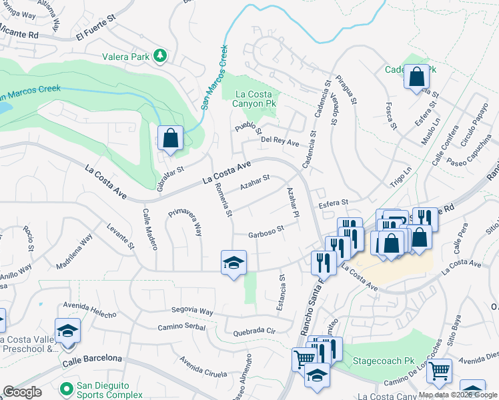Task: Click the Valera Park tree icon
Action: click(x=160, y=57)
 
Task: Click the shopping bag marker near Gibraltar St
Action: click(x=170, y=138)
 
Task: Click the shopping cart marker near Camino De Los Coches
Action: click(x=438, y=371)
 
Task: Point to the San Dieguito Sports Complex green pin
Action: click(x=66, y=387)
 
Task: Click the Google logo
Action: click(x=22, y=392)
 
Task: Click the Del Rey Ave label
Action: click(x=280, y=141)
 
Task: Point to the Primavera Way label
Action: click(x=184, y=222)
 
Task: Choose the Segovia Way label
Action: click(x=192, y=311)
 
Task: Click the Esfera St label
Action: click(x=334, y=203)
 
